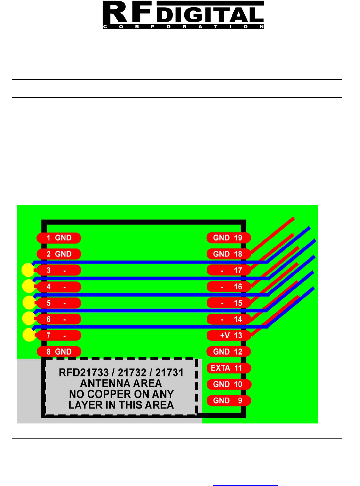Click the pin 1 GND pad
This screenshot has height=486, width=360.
pyautogui.click(x=59, y=238)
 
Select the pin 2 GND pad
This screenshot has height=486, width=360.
pyautogui.click(x=59, y=254)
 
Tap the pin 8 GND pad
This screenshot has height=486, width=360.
pyautogui.click(x=59, y=352)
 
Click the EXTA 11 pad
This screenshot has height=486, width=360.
pyautogui.click(x=229, y=368)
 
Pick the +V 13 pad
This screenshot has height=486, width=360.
pyautogui.click(x=229, y=335)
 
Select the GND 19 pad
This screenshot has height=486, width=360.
pyautogui.click(x=229, y=238)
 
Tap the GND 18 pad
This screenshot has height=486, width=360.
pyautogui.click(x=229, y=254)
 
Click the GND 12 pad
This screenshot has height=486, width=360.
pyautogui.click(x=229, y=352)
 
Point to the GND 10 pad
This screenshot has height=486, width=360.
pyautogui.click(x=229, y=384)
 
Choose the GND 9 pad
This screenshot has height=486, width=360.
pyautogui.click(x=229, y=401)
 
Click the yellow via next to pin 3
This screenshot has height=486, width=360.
pyautogui.click(x=28, y=270)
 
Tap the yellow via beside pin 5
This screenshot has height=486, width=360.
pyautogui.click(x=29, y=302)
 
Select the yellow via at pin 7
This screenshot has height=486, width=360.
pyautogui.click(x=29, y=335)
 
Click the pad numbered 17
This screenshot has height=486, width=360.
pyautogui.click(x=229, y=270)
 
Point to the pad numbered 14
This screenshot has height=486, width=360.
pyautogui.click(x=229, y=319)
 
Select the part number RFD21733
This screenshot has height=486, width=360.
pyautogui.click(x=84, y=373)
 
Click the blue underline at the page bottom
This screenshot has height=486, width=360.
pyautogui.click(x=245, y=485)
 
